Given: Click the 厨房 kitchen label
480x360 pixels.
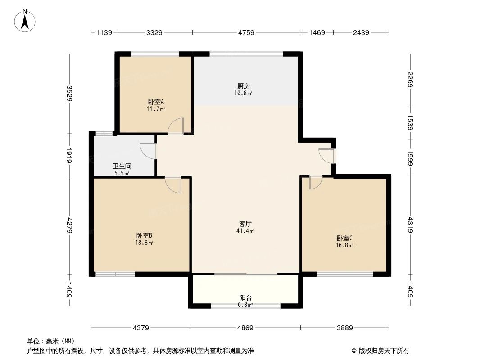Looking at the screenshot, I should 244,86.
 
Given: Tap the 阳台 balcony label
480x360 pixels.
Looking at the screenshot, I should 245,297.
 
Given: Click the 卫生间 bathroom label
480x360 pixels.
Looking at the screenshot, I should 122,166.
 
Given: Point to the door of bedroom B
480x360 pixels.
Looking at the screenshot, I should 173,184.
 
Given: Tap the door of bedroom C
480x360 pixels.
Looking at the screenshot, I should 315,182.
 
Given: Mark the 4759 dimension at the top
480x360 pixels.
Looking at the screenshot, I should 246,32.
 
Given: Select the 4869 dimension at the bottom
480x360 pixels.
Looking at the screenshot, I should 245,328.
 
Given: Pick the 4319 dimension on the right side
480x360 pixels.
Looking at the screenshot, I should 410,225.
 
